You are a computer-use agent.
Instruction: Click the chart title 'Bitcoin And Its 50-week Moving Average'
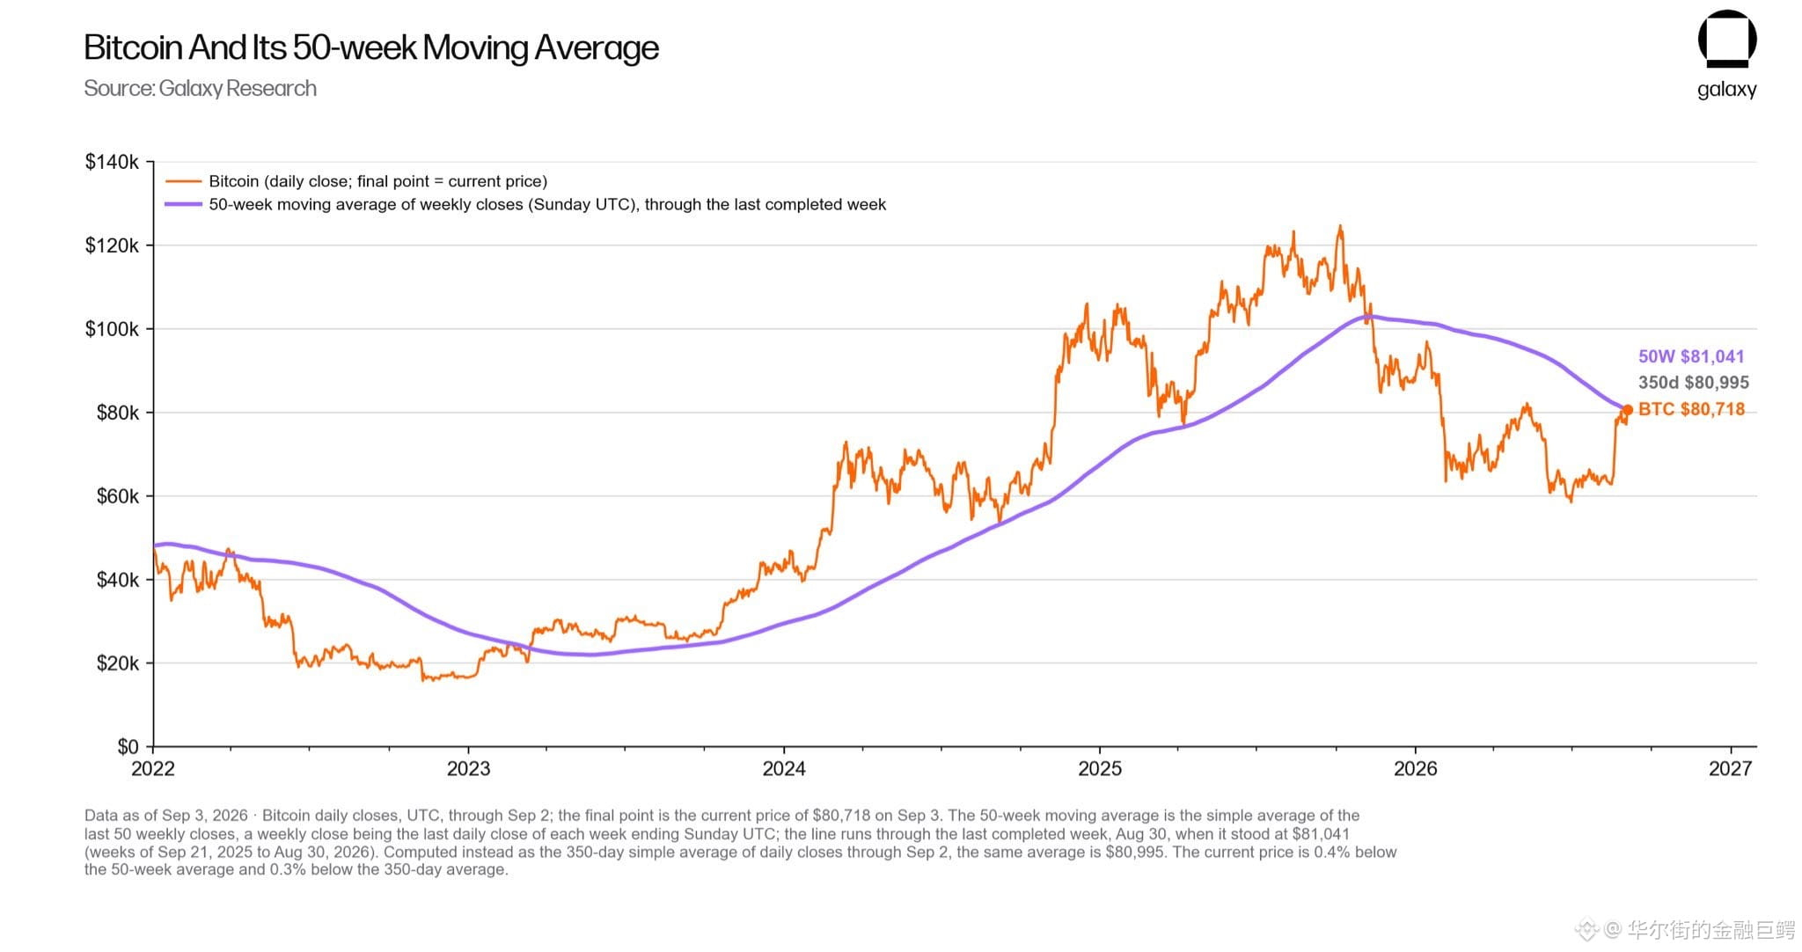(x=370, y=48)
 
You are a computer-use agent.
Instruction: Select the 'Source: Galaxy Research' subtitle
(x=200, y=89)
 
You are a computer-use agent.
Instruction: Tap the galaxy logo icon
(x=1726, y=39)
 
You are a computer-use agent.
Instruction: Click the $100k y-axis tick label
(x=112, y=329)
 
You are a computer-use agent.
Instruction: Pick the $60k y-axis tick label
(x=117, y=496)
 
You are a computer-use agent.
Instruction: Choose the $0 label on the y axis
(x=128, y=747)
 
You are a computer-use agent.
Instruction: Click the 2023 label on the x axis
(x=468, y=769)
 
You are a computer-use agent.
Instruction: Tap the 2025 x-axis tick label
(x=1100, y=769)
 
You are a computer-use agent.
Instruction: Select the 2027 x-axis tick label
(x=1731, y=769)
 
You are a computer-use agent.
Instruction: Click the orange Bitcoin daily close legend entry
(x=356, y=181)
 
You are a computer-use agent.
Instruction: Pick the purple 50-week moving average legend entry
(x=525, y=204)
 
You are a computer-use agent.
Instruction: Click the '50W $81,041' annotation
(x=1691, y=356)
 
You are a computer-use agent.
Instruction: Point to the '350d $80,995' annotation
(x=1694, y=383)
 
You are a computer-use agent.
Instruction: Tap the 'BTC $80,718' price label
(x=1691, y=409)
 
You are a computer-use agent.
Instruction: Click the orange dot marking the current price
(x=1628, y=410)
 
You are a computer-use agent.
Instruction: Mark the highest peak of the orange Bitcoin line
(x=1340, y=226)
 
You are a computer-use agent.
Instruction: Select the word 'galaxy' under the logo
(x=1726, y=90)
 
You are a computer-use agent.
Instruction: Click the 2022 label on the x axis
(x=153, y=769)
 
